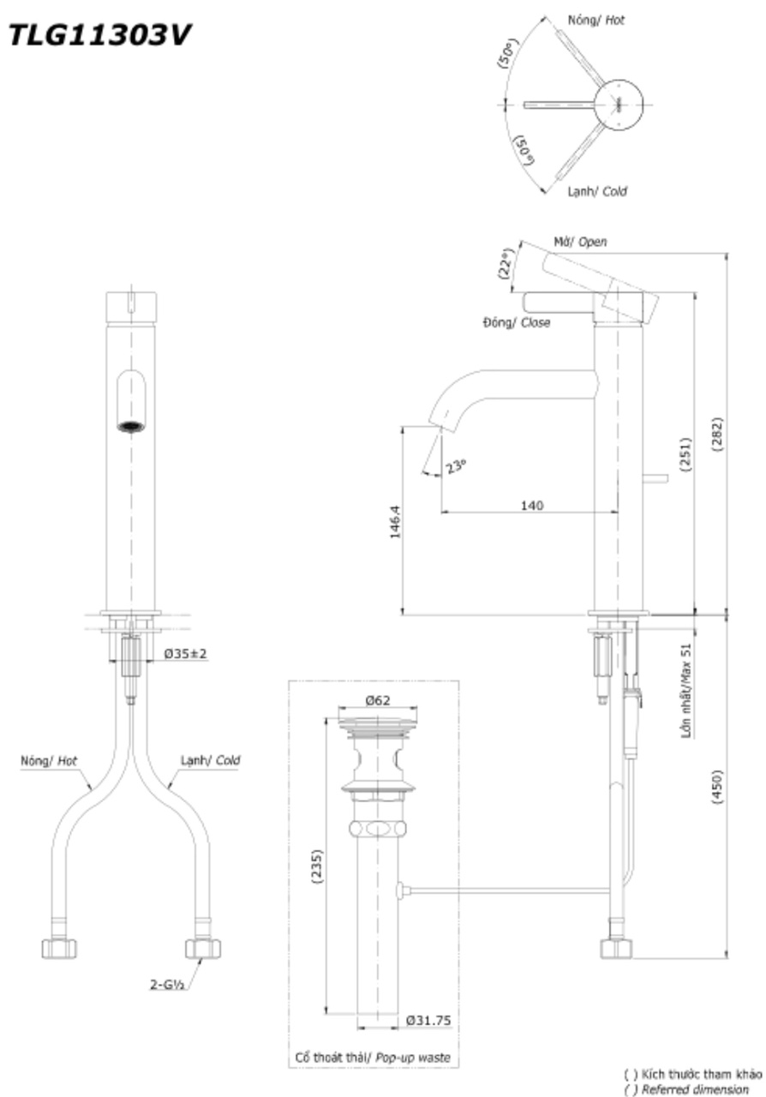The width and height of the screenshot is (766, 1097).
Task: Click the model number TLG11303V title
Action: point(98,36)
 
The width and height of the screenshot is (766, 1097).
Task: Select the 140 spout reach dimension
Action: point(531,505)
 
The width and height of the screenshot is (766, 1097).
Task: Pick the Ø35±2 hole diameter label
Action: point(186,653)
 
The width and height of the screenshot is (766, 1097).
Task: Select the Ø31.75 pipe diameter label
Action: point(428,1020)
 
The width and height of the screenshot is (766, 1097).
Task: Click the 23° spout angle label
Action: point(456,467)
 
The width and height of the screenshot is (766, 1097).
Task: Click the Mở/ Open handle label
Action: point(580,243)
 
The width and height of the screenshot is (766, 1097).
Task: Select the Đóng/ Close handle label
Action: point(516,323)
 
